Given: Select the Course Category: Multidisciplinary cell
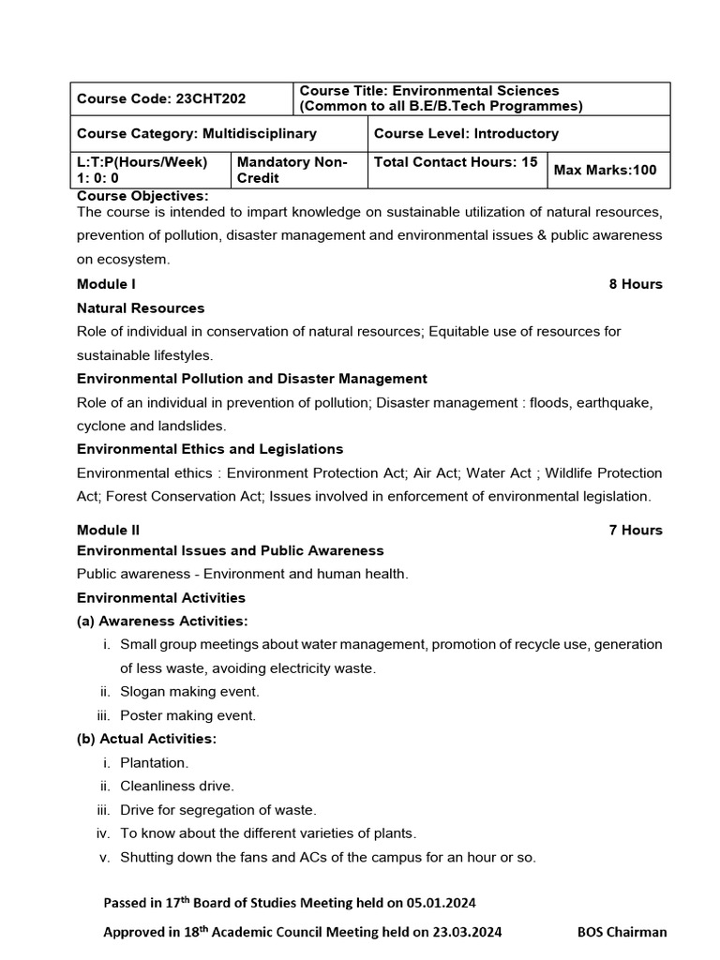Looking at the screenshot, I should (x=197, y=134).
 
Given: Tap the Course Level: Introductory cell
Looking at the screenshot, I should (x=466, y=134).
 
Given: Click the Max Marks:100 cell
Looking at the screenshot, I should (x=606, y=170).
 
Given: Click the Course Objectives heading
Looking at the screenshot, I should (x=142, y=196).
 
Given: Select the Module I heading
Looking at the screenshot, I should (x=107, y=284).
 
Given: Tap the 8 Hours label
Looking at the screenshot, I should (x=636, y=284).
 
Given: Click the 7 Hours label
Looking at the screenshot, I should (x=636, y=530).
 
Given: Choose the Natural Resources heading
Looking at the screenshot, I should (x=141, y=307).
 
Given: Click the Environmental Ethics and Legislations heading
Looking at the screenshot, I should (x=210, y=449).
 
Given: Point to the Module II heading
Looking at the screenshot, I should (x=109, y=530).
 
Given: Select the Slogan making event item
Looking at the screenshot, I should (x=189, y=691).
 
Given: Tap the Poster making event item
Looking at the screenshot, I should (x=187, y=715).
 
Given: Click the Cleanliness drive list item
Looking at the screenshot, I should (x=177, y=786).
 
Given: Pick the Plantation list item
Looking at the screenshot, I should (x=155, y=762).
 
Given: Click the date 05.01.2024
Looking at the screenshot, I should (x=442, y=903).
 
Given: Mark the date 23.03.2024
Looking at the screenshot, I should (x=467, y=932).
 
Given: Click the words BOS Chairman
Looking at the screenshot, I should (x=622, y=932).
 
